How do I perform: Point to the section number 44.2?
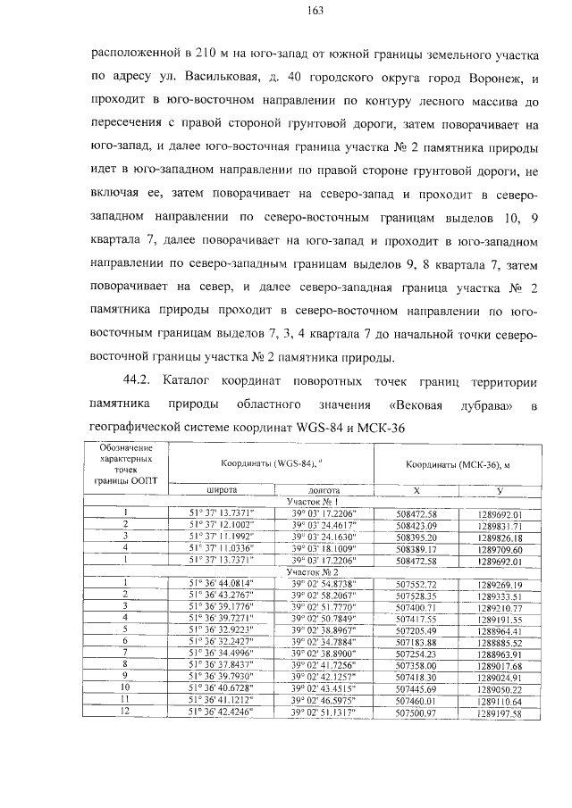(147, 381)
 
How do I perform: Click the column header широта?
(221, 490)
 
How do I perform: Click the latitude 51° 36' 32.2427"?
(221, 641)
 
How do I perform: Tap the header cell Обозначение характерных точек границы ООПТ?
(126, 462)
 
